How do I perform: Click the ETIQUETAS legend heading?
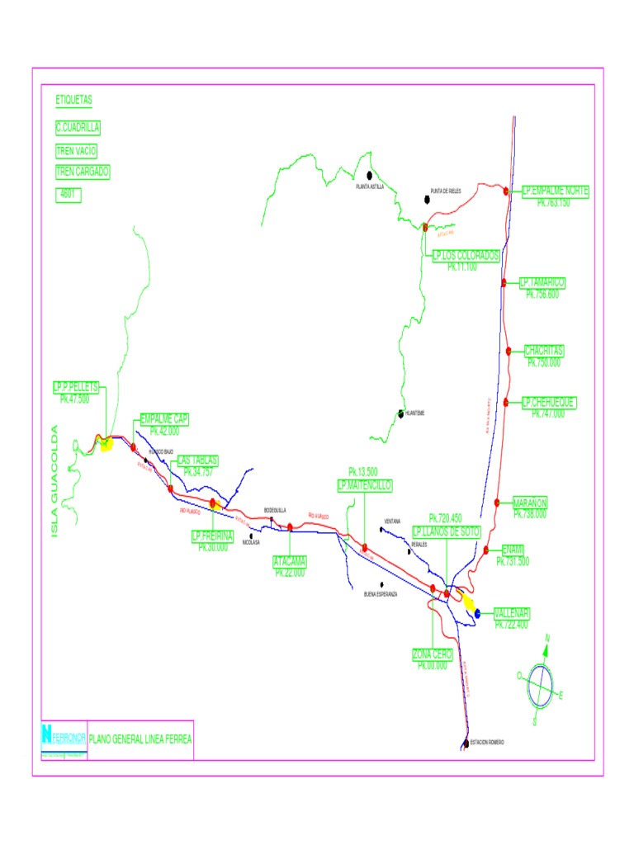click(x=73, y=100)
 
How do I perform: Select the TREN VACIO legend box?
click(x=76, y=151)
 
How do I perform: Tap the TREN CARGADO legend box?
click(x=82, y=172)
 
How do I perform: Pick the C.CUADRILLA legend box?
click(x=78, y=128)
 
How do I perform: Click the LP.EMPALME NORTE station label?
click(x=555, y=191)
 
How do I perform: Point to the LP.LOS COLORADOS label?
click(x=466, y=256)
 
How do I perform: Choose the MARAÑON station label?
click(x=530, y=502)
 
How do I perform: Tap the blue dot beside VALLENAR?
click(x=477, y=613)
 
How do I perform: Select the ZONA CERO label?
click(x=433, y=654)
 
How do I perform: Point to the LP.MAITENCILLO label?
click(x=364, y=484)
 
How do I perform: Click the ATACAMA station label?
click(x=290, y=561)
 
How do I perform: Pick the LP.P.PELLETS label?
click(x=76, y=386)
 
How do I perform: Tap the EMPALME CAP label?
click(x=164, y=419)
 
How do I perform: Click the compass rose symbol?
click(x=542, y=682)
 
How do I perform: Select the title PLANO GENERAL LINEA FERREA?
click(x=140, y=739)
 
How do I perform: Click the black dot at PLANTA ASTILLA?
click(x=370, y=175)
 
